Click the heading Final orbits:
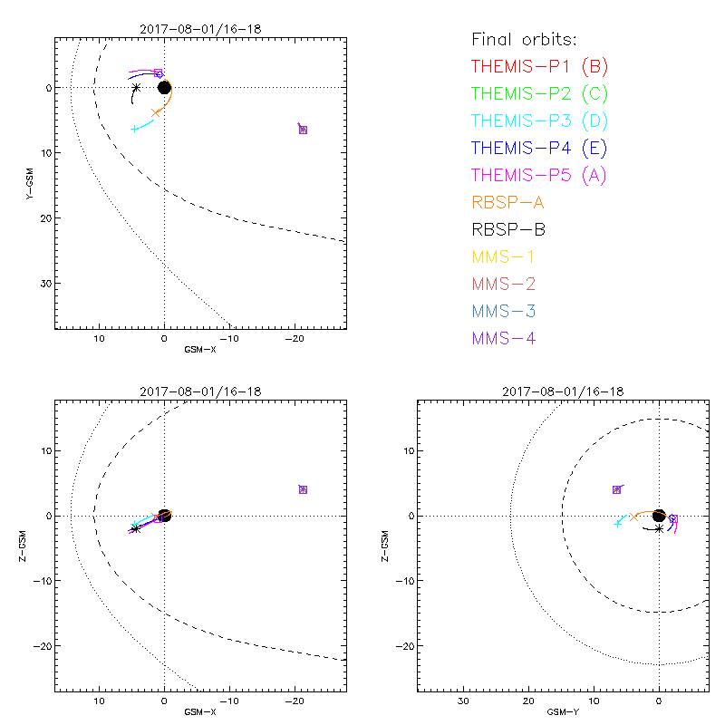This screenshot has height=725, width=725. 524,39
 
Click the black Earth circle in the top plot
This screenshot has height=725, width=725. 164,87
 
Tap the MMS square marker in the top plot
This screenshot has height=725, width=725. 303,130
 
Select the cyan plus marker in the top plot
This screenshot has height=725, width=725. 134,129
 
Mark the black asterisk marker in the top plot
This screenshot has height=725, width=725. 136,88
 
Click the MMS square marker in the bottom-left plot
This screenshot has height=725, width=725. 303,489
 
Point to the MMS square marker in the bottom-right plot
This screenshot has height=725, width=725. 617,489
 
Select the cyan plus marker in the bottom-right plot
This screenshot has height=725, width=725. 617,523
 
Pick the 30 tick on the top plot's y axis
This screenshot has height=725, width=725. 43,284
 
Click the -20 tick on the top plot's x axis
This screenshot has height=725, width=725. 294,338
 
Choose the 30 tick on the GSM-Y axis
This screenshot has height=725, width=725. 462,701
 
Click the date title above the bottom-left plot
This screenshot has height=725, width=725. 200,391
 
